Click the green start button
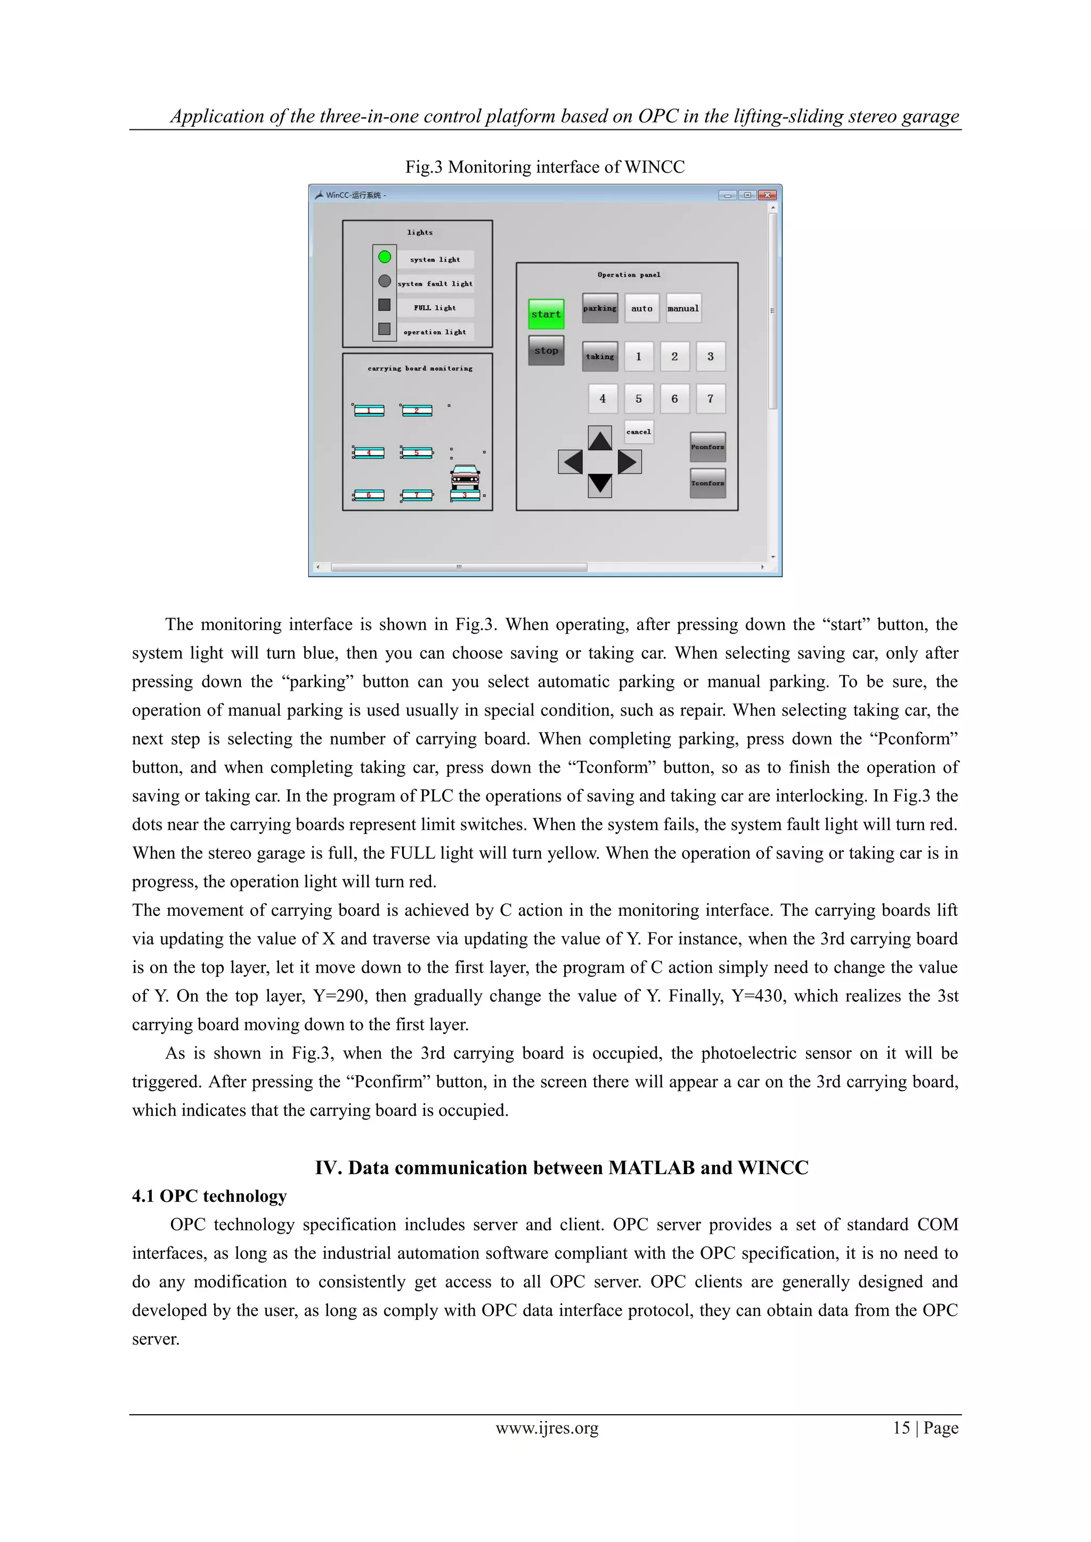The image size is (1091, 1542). click(x=545, y=314)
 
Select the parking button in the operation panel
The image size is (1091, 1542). click(x=600, y=308)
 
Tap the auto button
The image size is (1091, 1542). click(x=641, y=308)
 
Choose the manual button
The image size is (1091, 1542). click(x=683, y=308)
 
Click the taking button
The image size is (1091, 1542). click(x=600, y=357)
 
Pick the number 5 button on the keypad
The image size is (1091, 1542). click(x=638, y=398)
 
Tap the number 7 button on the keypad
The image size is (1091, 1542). click(x=710, y=398)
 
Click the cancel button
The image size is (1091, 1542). click(x=638, y=432)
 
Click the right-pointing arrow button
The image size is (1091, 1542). click(x=629, y=462)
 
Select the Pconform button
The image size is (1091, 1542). click(x=707, y=447)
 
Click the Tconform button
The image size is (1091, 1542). click(x=707, y=483)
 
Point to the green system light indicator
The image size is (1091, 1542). click(x=384, y=257)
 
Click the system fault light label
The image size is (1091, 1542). click(x=435, y=283)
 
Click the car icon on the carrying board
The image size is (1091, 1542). click(x=465, y=478)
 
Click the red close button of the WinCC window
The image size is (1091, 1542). click(x=767, y=195)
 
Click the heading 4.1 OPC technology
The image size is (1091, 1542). click(x=209, y=1196)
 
